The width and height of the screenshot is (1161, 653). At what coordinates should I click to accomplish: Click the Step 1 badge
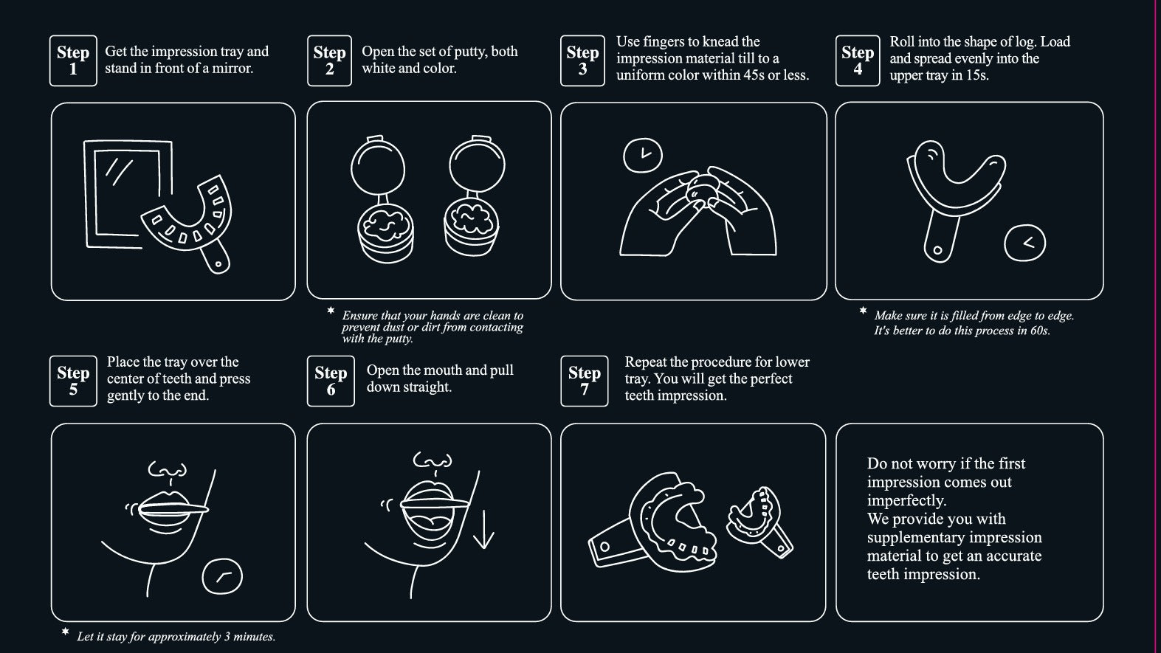(x=73, y=61)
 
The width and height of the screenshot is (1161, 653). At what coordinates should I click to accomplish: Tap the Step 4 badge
(x=858, y=61)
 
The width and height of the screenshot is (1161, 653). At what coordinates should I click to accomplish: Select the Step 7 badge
(x=585, y=381)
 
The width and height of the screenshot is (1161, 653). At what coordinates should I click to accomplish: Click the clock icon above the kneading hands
(x=642, y=155)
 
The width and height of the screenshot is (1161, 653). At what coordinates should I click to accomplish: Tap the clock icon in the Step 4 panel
(x=1024, y=243)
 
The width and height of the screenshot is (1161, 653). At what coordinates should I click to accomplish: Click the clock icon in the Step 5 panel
(x=222, y=577)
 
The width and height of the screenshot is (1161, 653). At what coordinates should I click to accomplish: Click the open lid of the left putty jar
(x=377, y=165)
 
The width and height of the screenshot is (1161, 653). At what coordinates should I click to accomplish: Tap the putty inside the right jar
(x=472, y=220)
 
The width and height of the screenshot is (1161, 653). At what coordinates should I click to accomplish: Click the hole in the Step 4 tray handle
(x=937, y=250)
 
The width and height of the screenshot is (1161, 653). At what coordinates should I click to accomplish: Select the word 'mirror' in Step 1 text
(x=233, y=69)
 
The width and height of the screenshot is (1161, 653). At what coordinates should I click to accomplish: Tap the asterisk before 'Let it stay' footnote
(x=65, y=632)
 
